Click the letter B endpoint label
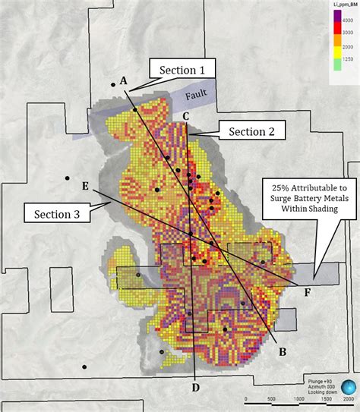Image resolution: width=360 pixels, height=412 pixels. pos(282,351)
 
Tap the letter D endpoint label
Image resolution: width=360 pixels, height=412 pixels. pos(195,389)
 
